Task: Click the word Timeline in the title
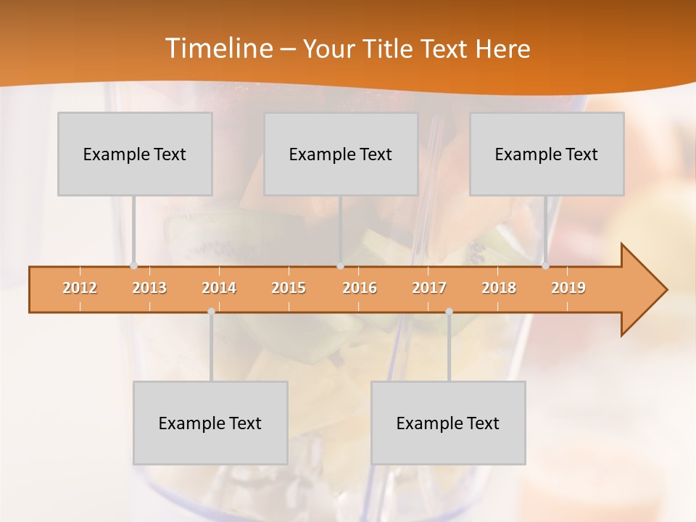217,49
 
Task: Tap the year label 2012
80,288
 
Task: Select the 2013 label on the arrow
149,288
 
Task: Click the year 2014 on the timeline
219,288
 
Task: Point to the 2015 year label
289,288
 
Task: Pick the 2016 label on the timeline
360,288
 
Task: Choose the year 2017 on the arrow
429,288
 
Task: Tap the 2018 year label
499,288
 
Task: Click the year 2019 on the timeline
568,288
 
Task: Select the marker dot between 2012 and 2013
133,266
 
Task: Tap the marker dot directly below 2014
211,311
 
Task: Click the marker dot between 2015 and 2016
340,266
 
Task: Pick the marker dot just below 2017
449,311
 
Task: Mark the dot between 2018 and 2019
545,266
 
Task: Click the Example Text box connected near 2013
135,154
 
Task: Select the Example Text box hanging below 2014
210,423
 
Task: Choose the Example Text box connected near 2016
341,154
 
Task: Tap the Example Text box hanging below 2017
448,423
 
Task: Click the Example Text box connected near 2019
547,154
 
